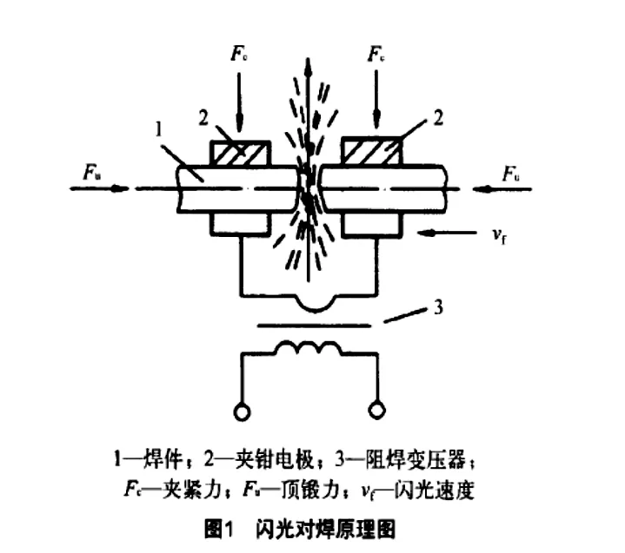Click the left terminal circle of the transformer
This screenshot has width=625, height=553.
(x=242, y=411)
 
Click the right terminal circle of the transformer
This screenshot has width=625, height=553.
(x=376, y=410)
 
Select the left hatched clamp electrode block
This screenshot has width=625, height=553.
(x=241, y=154)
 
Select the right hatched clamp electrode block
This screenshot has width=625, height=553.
(x=372, y=150)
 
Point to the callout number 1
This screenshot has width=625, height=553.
(x=159, y=129)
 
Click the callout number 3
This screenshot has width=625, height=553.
(x=438, y=307)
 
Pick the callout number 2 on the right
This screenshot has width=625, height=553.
(x=438, y=118)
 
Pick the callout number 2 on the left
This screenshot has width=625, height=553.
(x=203, y=118)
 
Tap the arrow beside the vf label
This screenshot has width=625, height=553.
(x=447, y=233)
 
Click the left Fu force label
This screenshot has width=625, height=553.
(x=91, y=173)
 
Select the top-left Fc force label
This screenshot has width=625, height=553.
(x=239, y=53)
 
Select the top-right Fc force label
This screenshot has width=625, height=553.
(x=376, y=53)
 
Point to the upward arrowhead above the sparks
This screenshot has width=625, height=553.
(x=308, y=66)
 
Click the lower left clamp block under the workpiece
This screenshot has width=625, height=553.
(x=241, y=223)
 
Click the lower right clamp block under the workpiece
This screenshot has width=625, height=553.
(x=371, y=223)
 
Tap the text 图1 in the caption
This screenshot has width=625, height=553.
(x=218, y=530)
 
